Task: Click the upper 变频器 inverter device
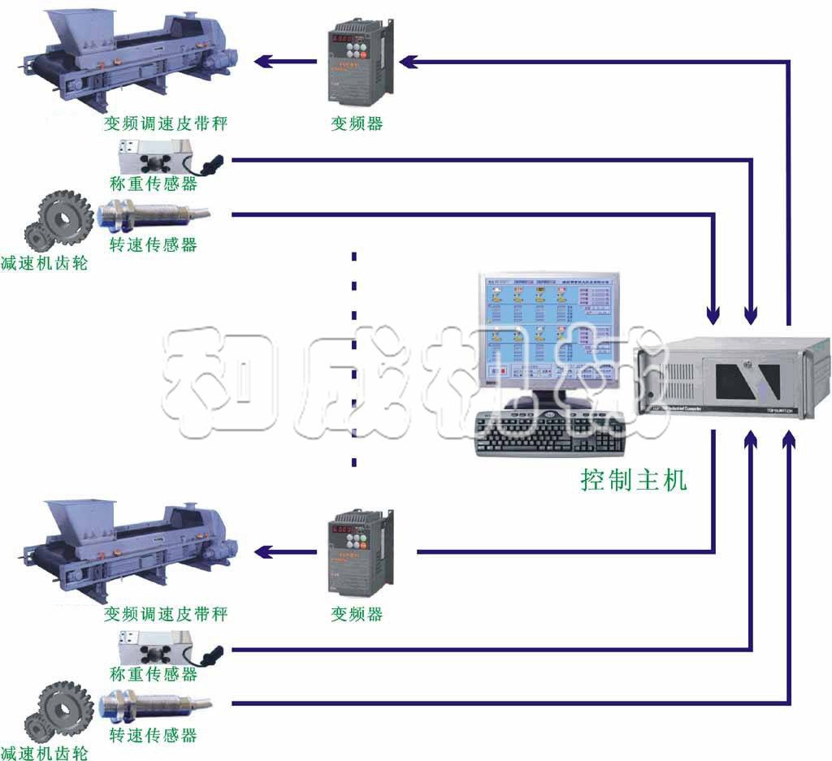[357, 61]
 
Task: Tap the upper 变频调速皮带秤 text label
[166, 124]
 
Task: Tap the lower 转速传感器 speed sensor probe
[150, 703]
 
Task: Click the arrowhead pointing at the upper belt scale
[263, 61]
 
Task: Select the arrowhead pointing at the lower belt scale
[263, 553]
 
